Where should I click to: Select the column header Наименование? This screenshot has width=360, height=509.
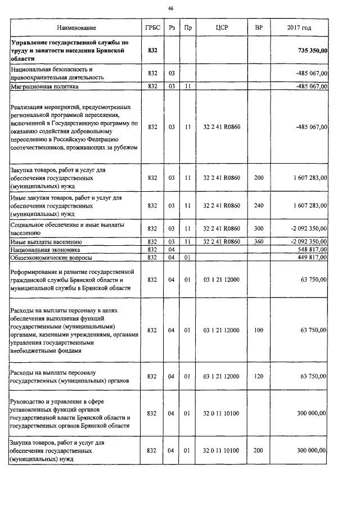(76, 28)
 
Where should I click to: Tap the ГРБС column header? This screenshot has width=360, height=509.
(152, 28)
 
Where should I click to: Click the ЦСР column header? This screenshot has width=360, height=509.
(221, 28)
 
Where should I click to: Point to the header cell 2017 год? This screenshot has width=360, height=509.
(299, 28)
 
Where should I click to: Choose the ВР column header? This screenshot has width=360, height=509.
(258, 28)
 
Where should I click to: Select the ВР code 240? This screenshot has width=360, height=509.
(258, 206)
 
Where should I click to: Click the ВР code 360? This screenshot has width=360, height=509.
(258, 241)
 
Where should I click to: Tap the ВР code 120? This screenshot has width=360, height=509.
(258, 376)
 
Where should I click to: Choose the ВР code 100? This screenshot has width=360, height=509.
(258, 330)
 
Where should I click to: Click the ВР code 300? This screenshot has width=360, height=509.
(258, 228)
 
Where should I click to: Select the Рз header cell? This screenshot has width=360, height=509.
(172, 28)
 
